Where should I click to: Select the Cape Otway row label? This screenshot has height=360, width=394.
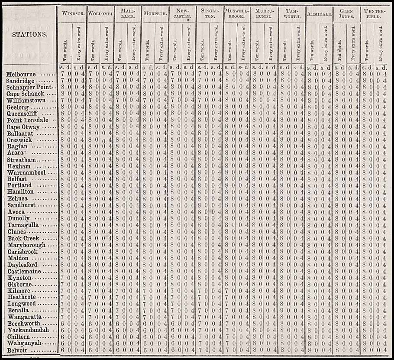[x=23, y=127]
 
